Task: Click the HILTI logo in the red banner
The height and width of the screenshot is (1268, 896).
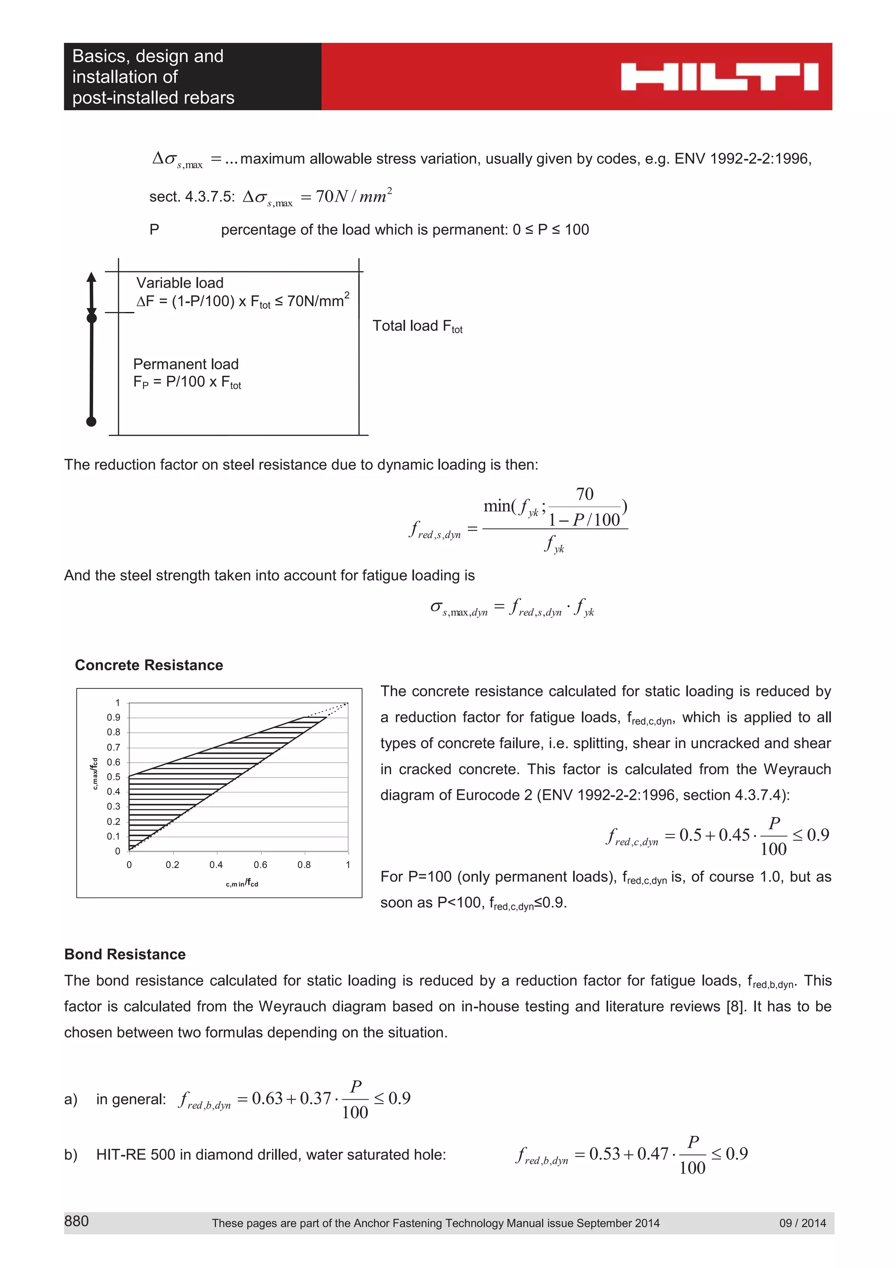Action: coord(719,77)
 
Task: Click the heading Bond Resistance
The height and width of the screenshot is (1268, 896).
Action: coord(125,954)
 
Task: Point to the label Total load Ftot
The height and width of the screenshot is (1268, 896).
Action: coord(417,326)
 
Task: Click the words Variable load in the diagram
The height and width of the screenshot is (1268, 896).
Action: coord(179,283)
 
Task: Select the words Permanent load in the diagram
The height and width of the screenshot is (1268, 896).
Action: coord(185,364)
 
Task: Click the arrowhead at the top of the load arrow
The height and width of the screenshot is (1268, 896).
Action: coord(91,277)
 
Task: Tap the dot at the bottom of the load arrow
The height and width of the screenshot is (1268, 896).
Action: coord(91,421)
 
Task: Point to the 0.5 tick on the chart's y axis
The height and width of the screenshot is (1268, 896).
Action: coord(113,777)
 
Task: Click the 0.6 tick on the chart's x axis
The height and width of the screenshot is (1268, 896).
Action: coord(260,864)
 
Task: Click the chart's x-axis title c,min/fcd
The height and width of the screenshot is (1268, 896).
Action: coord(242,884)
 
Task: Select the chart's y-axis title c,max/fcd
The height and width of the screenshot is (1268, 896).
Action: coord(94,774)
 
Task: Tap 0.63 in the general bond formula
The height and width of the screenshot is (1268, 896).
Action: coord(267,1099)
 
